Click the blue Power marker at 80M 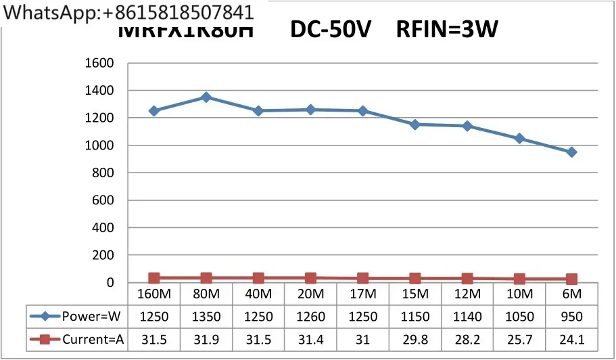(206, 97)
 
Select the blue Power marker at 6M (571, 152)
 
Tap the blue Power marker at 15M (414, 125)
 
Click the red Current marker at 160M (154, 278)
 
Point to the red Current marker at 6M (571, 279)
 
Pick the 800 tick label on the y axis (102, 173)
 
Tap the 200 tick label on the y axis (102, 255)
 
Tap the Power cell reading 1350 (206, 316)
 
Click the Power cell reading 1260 (310, 316)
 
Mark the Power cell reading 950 (571, 316)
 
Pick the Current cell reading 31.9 (206, 340)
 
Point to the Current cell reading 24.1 (571, 340)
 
